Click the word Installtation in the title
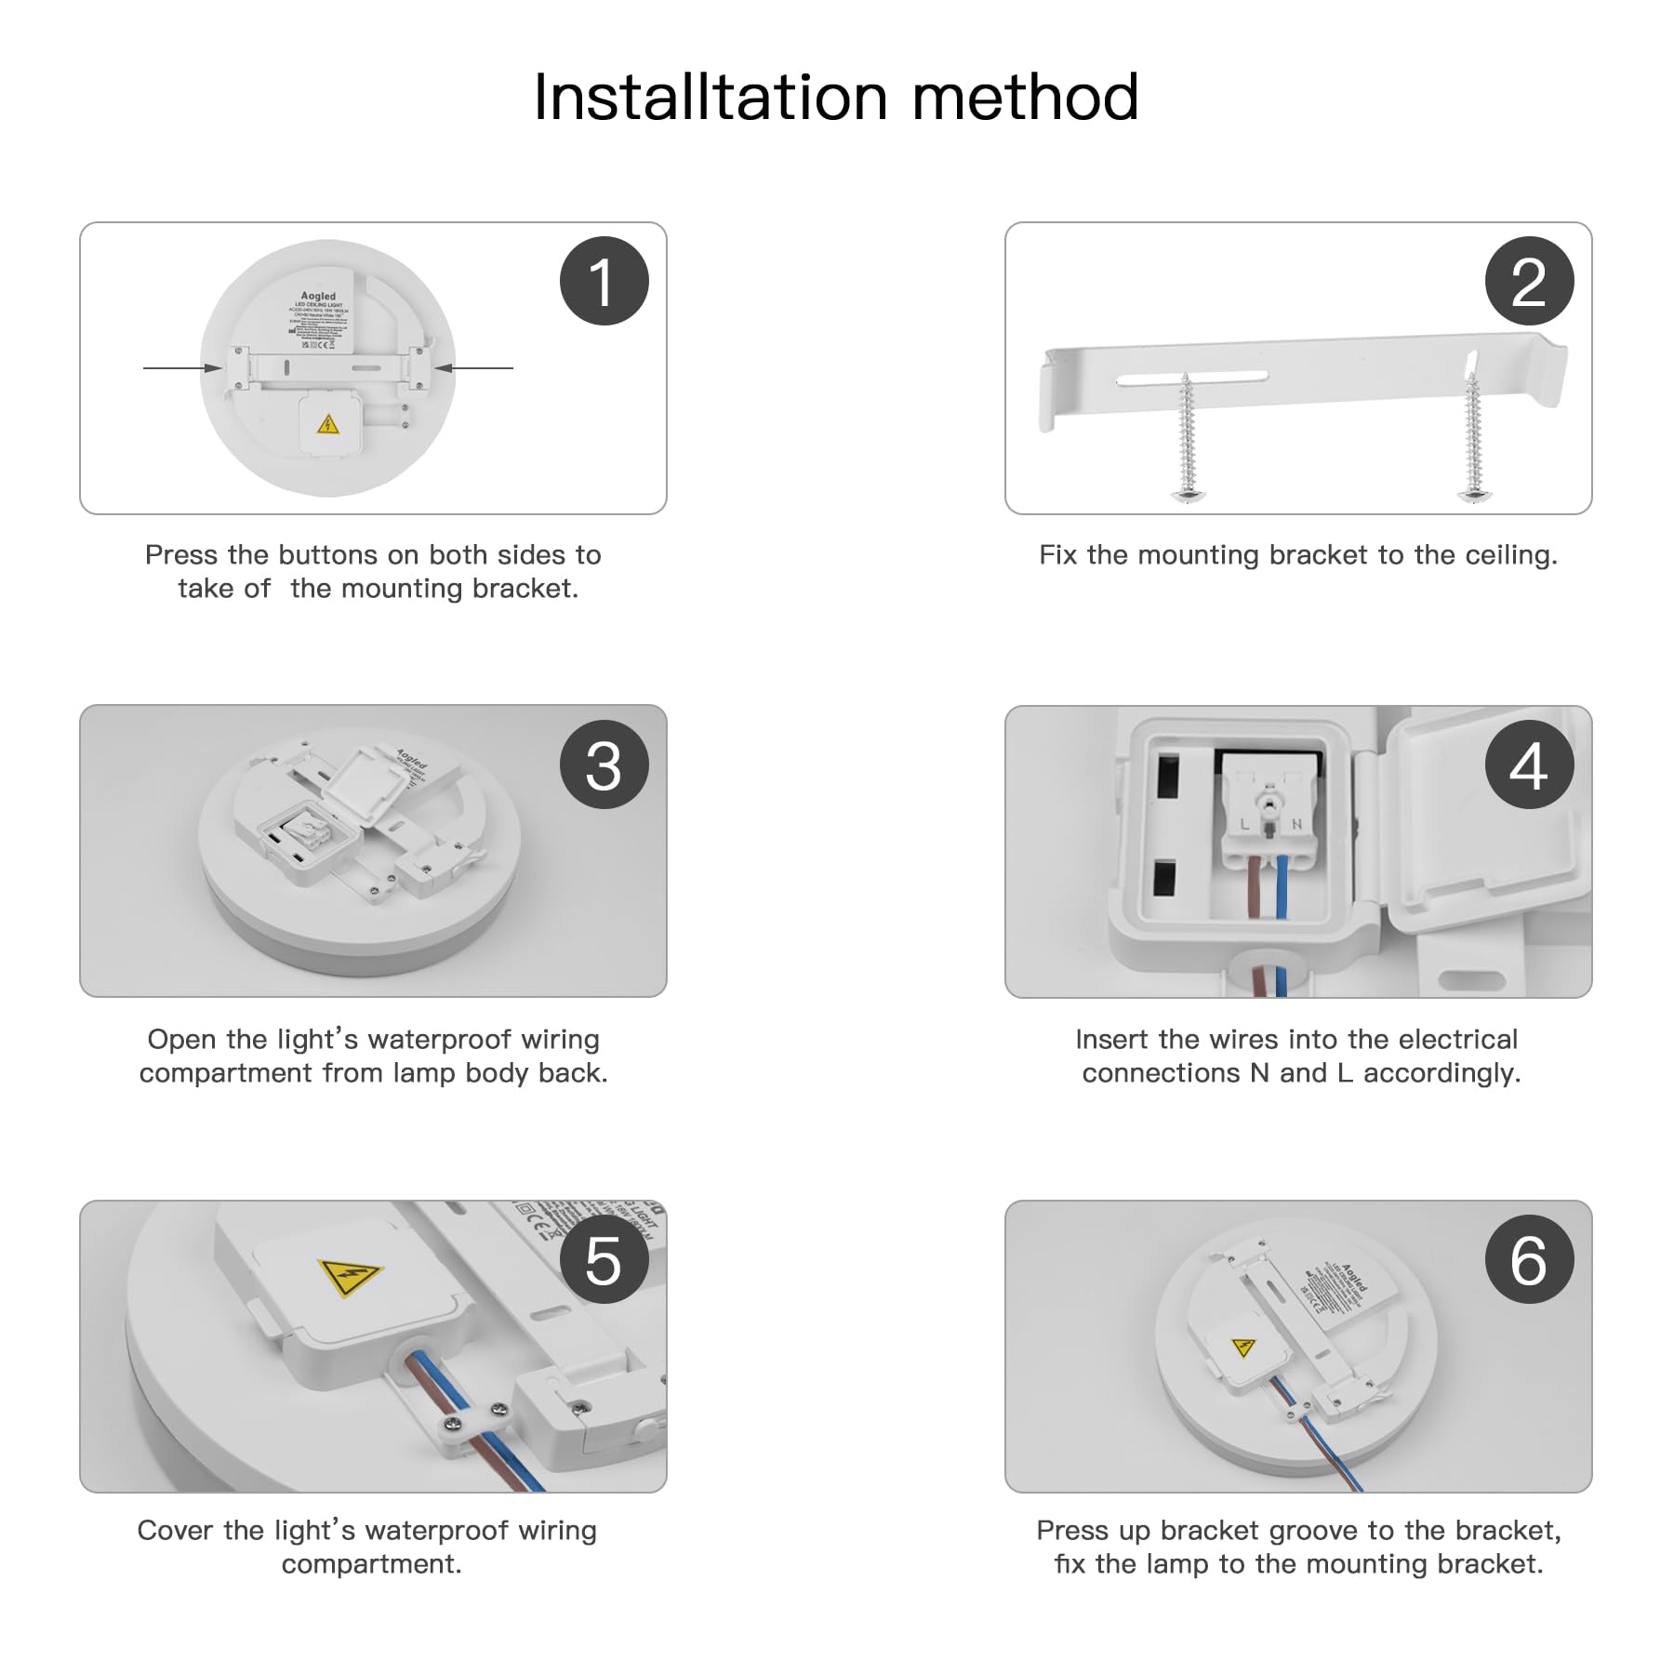(x=711, y=98)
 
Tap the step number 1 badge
(x=604, y=281)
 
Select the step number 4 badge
(x=1529, y=764)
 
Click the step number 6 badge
(x=1529, y=1260)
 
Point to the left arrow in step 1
(x=181, y=368)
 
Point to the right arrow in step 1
(x=474, y=368)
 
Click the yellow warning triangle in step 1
(x=327, y=426)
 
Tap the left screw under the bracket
(x=1187, y=437)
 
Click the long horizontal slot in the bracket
(x=1192, y=377)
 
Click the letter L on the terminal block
(x=1244, y=824)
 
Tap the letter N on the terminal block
(x=1296, y=824)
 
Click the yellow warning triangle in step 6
(x=1243, y=1347)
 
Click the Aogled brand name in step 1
(x=318, y=296)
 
